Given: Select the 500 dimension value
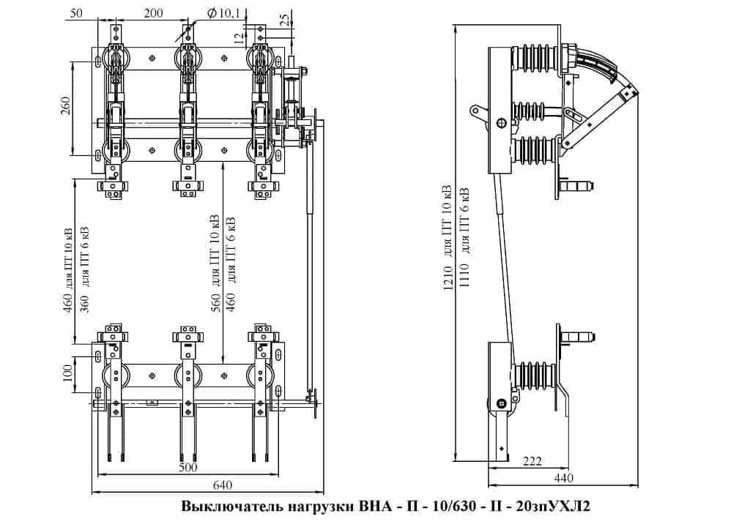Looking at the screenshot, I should tap(188, 466).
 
